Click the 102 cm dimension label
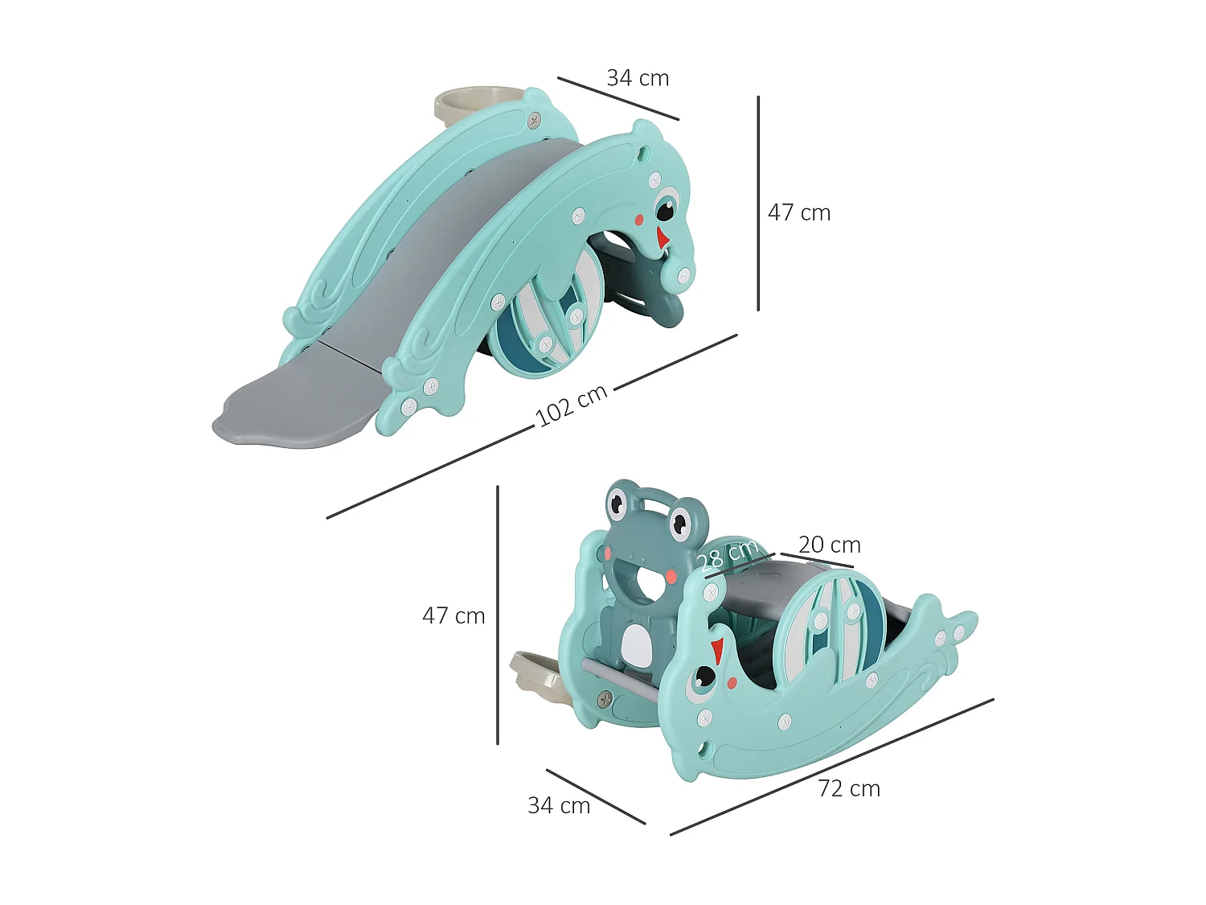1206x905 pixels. point(571,405)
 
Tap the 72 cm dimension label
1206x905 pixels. point(849,789)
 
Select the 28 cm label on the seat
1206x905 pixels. point(728,555)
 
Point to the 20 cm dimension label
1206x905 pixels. point(830,545)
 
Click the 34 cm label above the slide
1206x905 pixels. point(638,79)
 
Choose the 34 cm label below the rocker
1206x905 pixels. point(559,806)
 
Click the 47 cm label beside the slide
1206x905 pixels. point(799,213)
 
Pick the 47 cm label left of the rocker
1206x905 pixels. point(453,616)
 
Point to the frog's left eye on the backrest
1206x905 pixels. point(617,504)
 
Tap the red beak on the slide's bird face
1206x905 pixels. point(662,238)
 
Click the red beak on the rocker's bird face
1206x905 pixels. point(717,649)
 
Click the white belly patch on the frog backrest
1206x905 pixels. point(638,644)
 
